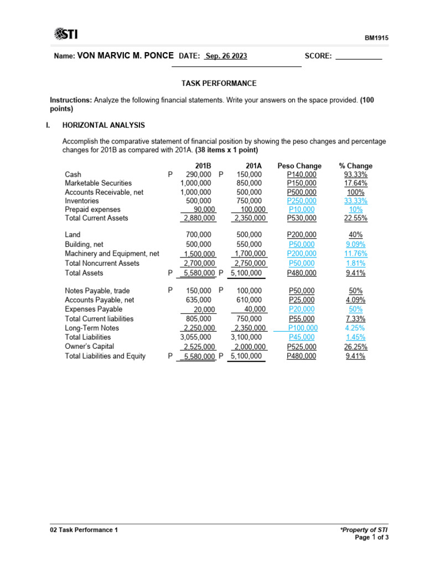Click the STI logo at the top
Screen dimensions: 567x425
(66, 35)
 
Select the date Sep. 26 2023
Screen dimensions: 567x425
(226, 56)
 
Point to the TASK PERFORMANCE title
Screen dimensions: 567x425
(219, 83)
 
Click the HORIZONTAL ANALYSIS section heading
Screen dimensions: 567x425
(103, 125)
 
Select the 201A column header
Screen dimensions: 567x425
(254, 166)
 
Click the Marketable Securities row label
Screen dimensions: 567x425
(98, 183)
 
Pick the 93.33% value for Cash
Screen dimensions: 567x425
(355, 174)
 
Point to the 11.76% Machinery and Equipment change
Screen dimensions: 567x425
(355, 254)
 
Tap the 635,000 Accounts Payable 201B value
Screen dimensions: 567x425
(199, 300)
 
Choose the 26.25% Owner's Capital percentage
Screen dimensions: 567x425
(355, 347)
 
